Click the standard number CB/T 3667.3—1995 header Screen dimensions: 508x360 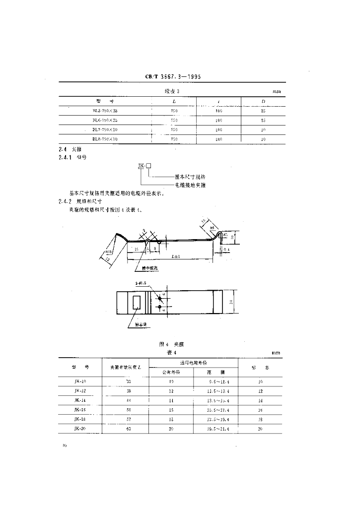[x=169, y=77]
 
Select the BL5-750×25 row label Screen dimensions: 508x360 [x=105, y=111]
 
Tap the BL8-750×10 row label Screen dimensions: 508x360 [x=105, y=139]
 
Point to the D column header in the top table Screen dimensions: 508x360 [x=263, y=101]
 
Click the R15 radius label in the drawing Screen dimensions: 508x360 [x=109, y=254]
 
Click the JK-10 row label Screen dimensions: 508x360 [x=80, y=382]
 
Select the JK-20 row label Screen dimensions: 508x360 [x=80, y=428]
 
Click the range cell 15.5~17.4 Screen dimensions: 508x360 [x=215, y=409]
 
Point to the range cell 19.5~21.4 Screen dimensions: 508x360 [x=215, y=428]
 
